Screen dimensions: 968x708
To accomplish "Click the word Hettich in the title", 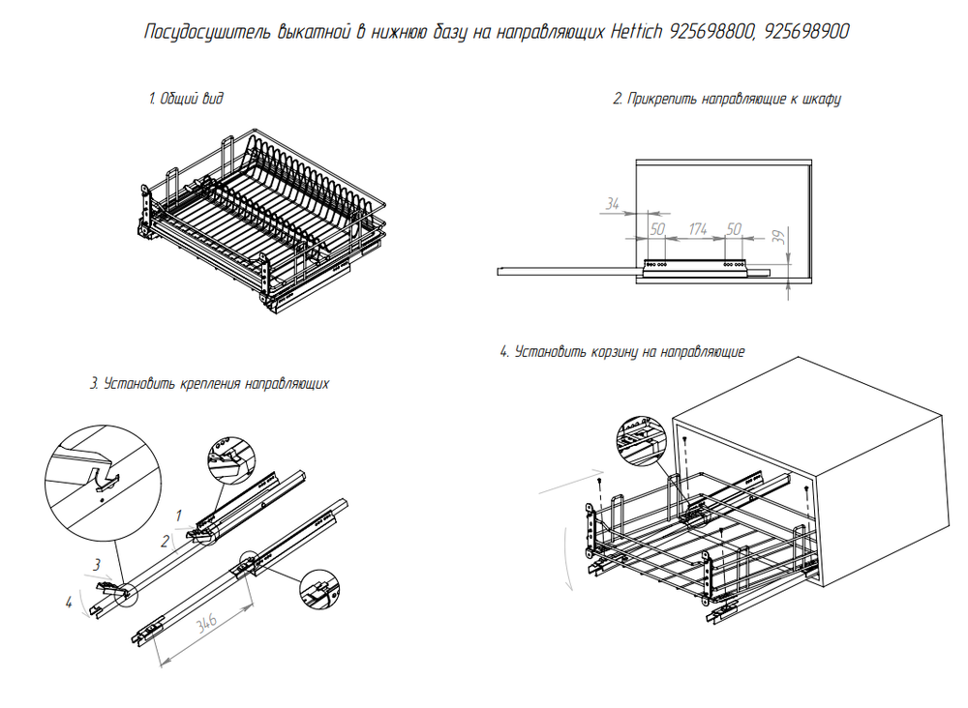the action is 636,32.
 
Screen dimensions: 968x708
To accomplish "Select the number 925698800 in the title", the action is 711,32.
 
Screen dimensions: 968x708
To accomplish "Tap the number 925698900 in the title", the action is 806,32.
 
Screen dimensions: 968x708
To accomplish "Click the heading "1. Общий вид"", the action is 186,99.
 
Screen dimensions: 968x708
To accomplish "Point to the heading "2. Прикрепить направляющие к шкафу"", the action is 727,100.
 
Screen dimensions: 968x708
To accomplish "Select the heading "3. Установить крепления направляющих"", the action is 209,384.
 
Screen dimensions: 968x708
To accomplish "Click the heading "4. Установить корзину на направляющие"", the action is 622,352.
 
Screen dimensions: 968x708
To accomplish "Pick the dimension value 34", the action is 612,203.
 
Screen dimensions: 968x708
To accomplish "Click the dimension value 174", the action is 698,229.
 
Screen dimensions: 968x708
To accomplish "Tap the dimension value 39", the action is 779,237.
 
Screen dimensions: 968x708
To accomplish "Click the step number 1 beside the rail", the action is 179,515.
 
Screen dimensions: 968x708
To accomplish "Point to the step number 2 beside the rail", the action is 165,542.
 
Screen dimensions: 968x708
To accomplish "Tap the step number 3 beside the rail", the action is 97,564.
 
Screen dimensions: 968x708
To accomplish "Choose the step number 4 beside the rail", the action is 69,602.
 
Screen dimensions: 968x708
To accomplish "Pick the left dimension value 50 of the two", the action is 657,229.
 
